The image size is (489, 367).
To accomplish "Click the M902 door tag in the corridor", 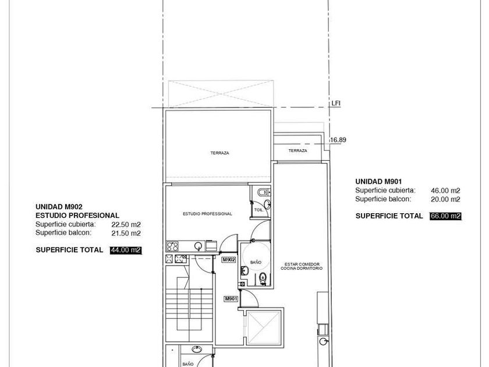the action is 229,260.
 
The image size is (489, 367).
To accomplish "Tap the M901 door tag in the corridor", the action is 231,299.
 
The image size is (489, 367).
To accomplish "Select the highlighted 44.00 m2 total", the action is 126,250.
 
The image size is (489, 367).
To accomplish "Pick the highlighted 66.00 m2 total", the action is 445,216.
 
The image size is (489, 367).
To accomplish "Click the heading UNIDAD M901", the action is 378,181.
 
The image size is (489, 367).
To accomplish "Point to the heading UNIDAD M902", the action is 59,207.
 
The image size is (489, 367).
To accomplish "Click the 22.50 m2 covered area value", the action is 126,224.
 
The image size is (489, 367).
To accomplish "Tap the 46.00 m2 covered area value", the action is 445,190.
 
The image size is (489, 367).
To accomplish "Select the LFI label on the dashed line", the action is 335,103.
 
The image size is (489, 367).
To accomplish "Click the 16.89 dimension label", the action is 338,140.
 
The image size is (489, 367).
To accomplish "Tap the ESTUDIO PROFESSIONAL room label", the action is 207,214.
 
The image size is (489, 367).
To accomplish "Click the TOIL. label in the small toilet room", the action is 259,210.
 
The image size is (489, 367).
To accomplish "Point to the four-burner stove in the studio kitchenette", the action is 172,246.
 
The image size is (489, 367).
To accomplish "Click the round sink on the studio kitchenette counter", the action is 198,246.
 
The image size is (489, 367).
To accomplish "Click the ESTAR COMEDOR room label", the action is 302,264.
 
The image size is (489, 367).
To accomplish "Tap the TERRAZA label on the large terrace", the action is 220,153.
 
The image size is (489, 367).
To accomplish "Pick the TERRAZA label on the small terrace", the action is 298,150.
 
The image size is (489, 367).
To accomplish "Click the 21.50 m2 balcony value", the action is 126,233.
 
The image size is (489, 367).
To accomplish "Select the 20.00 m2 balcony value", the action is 445,199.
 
